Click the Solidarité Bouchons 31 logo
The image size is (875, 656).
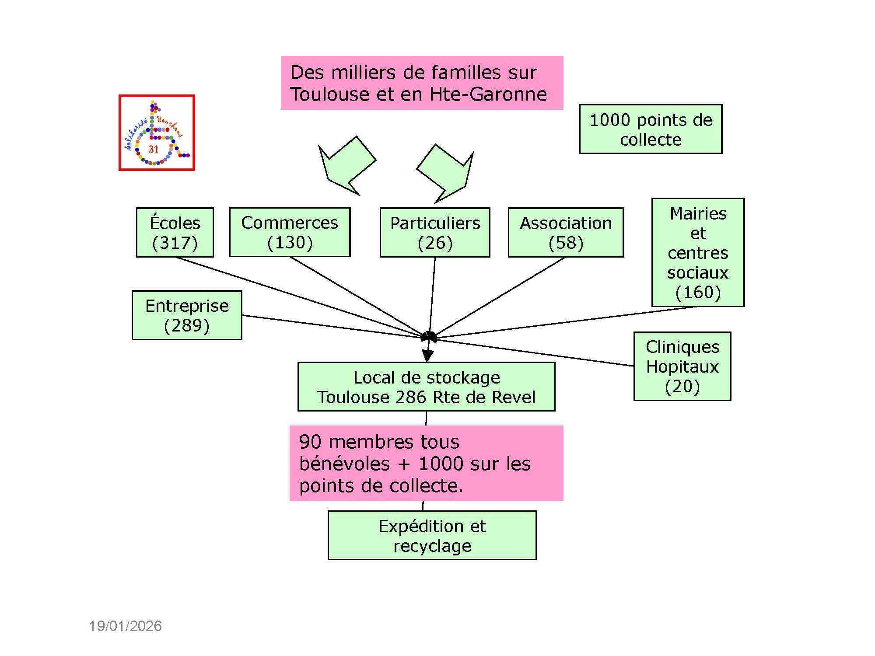pyautogui.click(x=157, y=133)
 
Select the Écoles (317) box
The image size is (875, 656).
pyautogui.click(x=175, y=232)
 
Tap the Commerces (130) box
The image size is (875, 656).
pyautogui.click(x=290, y=232)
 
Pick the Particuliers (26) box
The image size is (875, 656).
pyautogui.click(x=435, y=232)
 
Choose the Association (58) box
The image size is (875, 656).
pyautogui.click(x=566, y=232)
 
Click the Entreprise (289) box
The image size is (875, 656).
pyautogui.click(x=187, y=315)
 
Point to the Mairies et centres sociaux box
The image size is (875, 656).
pyautogui.click(x=698, y=252)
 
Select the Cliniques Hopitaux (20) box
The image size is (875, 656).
pyautogui.click(x=682, y=366)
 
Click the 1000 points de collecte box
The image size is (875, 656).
pyautogui.click(x=651, y=129)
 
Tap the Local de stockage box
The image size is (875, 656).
pyautogui.click(x=426, y=387)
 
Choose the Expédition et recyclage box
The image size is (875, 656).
pyautogui.click(x=432, y=535)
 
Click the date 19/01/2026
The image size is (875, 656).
pyautogui.click(x=126, y=626)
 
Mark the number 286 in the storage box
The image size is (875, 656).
pyautogui.click(x=411, y=398)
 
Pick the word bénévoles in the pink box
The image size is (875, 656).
pyautogui.click(x=344, y=464)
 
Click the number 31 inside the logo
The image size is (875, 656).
pyautogui.click(x=154, y=150)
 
